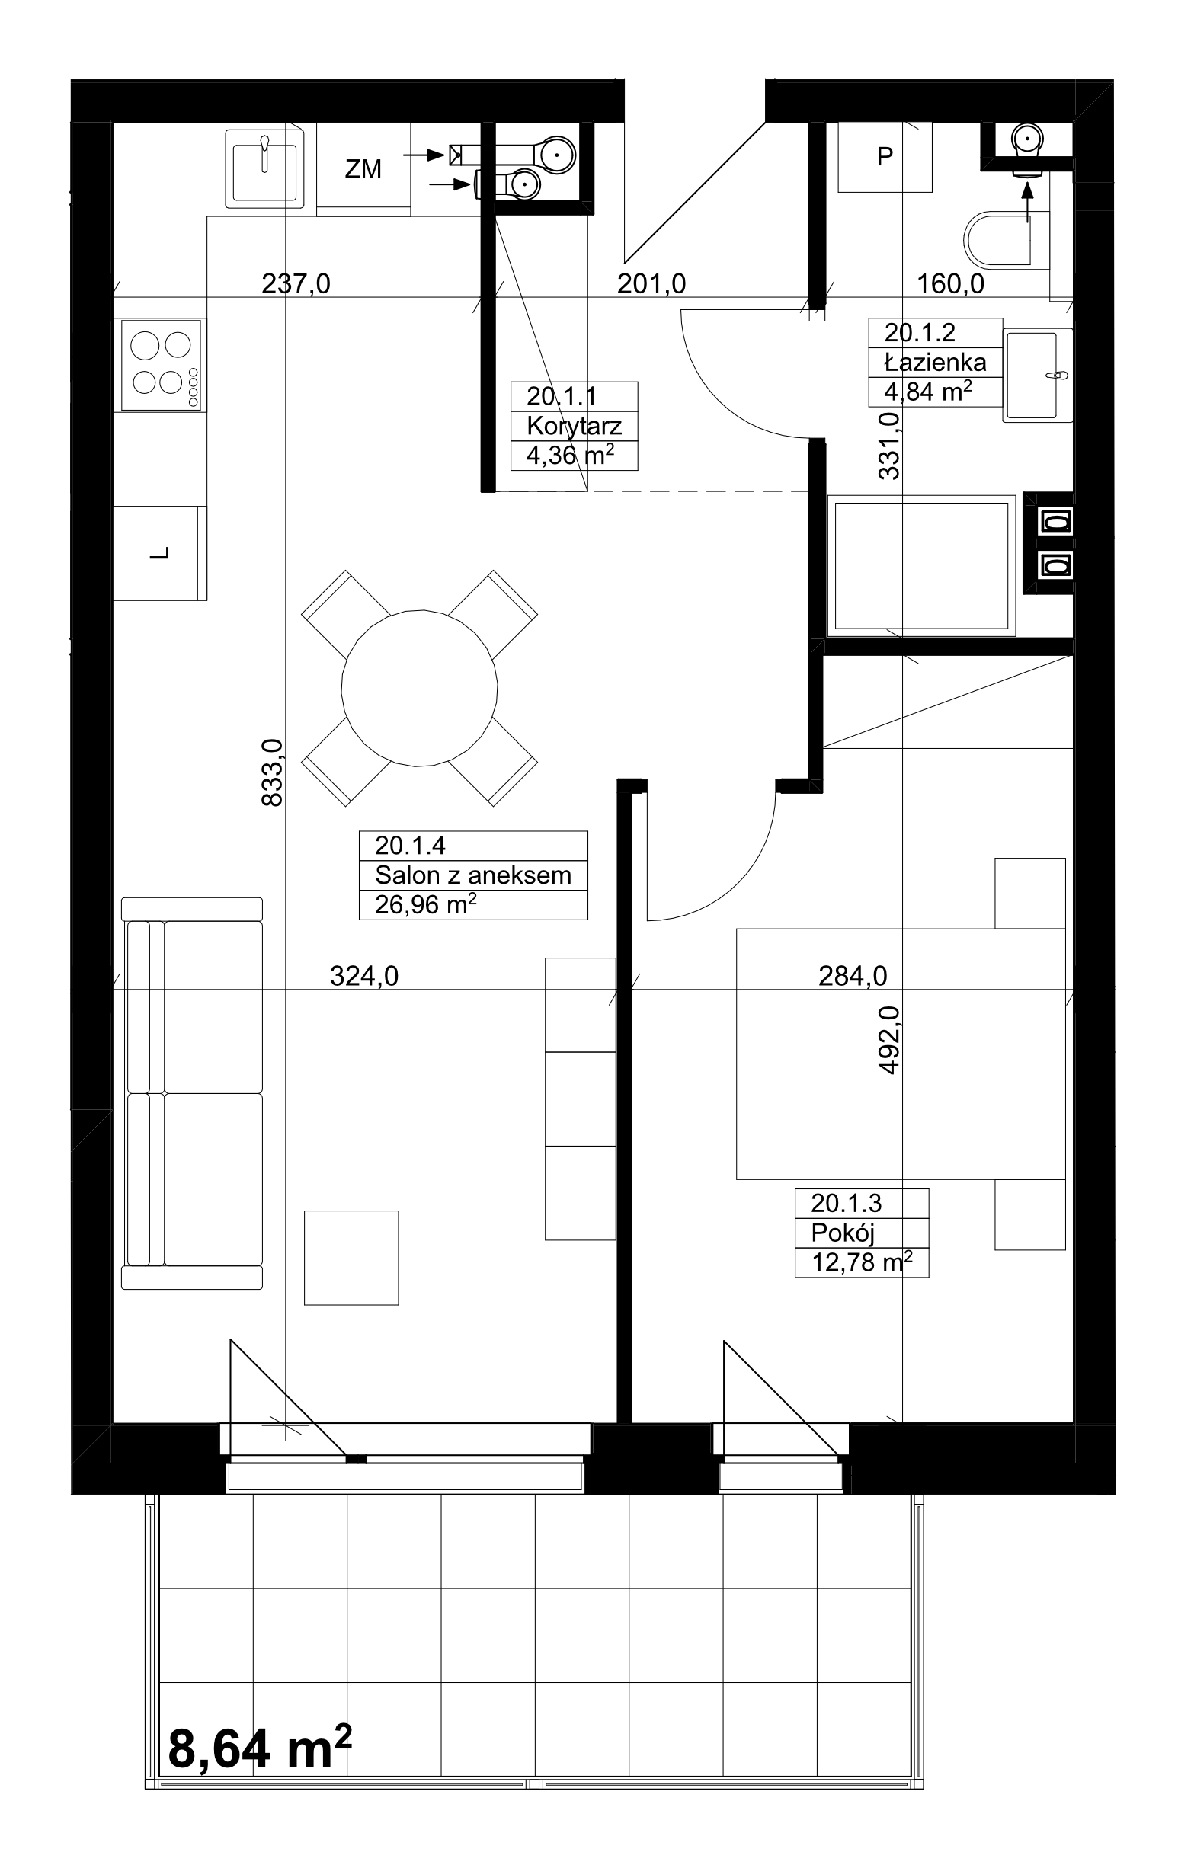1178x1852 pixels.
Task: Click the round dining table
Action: (x=419, y=688)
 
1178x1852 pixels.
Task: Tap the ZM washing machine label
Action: (x=363, y=168)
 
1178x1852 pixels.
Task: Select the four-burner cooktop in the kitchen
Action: (x=161, y=366)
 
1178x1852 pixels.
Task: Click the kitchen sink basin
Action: (x=263, y=168)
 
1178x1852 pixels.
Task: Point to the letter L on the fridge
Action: (x=161, y=553)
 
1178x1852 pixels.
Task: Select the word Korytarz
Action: (x=574, y=426)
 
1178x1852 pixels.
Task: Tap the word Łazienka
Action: (x=935, y=361)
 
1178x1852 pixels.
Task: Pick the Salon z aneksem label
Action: (x=473, y=875)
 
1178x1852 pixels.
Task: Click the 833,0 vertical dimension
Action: (x=272, y=772)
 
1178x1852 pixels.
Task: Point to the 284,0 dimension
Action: (x=853, y=976)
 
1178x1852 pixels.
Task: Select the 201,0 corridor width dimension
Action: (x=651, y=284)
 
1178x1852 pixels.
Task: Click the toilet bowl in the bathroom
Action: (x=997, y=238)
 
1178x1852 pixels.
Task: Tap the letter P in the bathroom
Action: (x=885, y=156)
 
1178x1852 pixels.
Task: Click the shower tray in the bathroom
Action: (x=921, y=566)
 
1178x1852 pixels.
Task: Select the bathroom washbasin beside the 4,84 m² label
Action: (x=1037, y=375)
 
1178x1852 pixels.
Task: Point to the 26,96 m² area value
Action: (x=425, y=904)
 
